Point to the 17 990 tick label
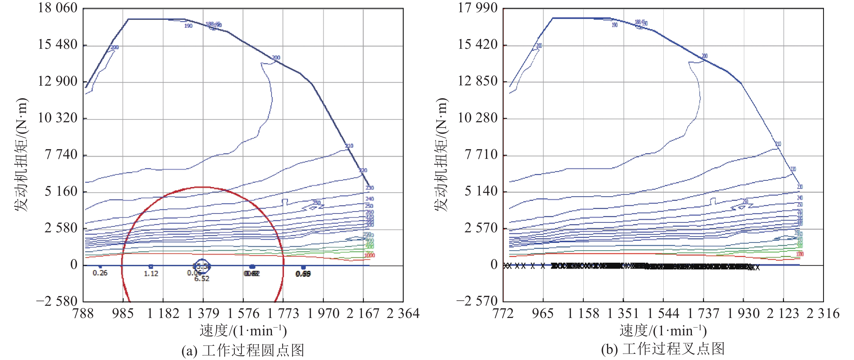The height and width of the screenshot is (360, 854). pos(477,8)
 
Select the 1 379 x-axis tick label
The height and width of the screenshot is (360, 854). pos(203,313)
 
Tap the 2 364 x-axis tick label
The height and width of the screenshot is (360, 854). pos(403,313)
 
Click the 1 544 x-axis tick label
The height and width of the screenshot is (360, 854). pos(663,313)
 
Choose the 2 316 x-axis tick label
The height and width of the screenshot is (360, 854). pos(823,313)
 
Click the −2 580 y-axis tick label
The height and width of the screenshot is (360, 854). pos(57,301)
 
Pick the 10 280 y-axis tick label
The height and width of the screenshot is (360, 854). pos(477,118)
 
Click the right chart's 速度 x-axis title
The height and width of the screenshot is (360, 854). pos(663,331)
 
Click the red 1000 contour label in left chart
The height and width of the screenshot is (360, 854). pos(369,255)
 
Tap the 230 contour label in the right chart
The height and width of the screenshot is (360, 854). pos(800,187)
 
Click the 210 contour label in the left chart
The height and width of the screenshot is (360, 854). pos(349,146)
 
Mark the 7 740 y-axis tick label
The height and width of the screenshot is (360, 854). pos(61,155)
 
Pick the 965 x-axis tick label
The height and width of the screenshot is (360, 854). pos(543,313)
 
